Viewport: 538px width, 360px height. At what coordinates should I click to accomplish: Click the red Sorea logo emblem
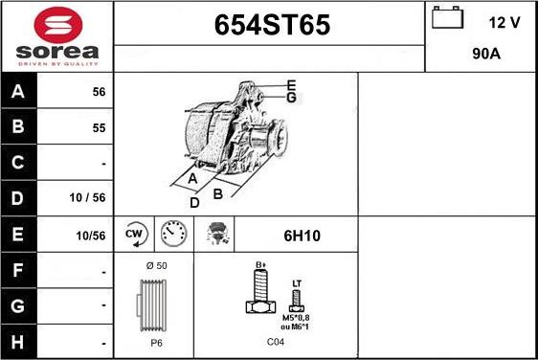pos(58,25)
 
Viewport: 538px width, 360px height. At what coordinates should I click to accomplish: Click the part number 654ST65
pos(272,25)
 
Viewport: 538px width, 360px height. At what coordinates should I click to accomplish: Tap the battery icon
pos(447,17)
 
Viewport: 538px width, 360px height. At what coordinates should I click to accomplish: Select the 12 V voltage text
pos(504,23)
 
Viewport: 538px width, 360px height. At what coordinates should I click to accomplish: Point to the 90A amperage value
pos(486,54)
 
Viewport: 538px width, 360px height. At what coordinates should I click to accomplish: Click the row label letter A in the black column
pos(18,91)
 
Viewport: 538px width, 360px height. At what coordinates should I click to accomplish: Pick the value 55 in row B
pos(99,128)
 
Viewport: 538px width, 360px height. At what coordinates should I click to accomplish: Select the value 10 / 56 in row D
pos(87,197)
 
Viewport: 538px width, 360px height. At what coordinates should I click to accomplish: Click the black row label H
pos(17,342)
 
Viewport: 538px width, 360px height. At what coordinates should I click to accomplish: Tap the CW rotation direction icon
pos(135,234)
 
